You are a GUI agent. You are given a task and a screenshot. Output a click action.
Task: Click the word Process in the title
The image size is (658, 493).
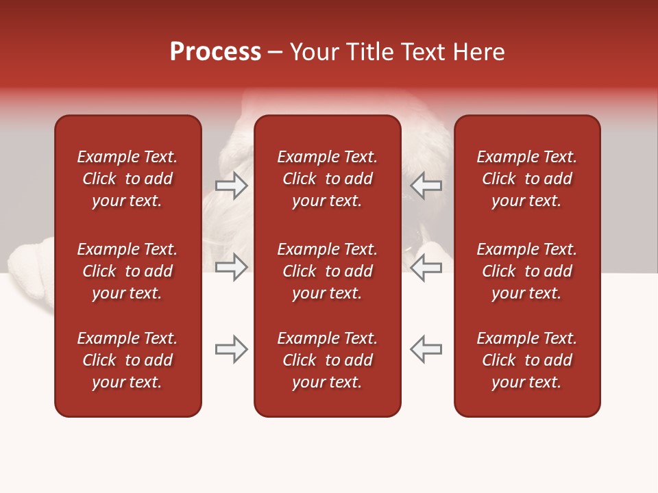(215, 52)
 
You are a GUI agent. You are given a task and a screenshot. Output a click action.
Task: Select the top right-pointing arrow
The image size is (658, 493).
(231, 185)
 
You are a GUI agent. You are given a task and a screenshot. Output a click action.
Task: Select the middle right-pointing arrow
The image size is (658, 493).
(231, 268)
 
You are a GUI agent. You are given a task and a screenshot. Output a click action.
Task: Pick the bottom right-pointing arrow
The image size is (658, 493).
(231, 349)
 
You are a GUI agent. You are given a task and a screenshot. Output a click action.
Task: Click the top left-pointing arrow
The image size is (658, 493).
(426, 185)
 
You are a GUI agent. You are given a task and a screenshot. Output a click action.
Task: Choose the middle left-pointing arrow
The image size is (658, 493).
(426, 268)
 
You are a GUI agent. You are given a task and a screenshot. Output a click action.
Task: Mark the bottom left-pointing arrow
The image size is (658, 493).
(426, 349)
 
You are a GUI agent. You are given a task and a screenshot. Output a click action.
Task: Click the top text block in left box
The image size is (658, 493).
(127, 179)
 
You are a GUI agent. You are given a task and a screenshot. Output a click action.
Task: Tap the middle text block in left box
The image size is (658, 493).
(127, 271)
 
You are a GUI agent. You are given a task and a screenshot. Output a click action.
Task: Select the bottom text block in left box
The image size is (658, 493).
(127, 360)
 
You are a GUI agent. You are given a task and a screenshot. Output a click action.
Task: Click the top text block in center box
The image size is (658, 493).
(328, 179)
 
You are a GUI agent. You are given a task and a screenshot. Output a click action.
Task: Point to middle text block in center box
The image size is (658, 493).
(328, 271)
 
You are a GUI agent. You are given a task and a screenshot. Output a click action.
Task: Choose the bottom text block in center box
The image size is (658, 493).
(328, 360)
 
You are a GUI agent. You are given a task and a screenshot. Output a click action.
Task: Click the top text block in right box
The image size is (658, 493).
(527, 179)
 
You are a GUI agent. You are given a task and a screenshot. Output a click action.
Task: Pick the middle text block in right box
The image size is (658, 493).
(527, 271)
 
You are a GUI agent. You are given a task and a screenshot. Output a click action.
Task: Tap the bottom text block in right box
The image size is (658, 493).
(527, 360)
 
